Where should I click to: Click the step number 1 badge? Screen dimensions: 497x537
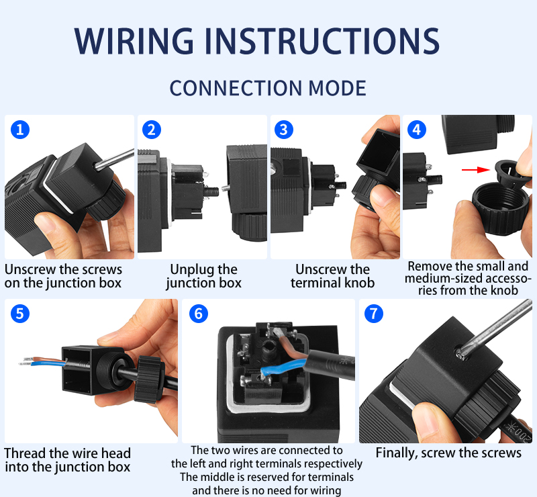click(x=20, y=130)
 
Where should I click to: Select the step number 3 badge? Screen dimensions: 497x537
click(x=285, y=130)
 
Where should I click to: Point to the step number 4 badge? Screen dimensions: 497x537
click(x=417, y=130)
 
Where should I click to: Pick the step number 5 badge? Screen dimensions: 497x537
click(x=20, y=314)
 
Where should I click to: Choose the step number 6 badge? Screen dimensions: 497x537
click(x=198, y=314)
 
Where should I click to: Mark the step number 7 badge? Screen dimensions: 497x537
click(x=373, y=314)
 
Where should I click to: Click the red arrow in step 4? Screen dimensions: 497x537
click(x=474, y=170)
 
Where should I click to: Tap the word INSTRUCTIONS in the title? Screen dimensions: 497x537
click(x=322, y=41)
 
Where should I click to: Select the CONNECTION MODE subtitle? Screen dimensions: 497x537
click(x=268, y=88)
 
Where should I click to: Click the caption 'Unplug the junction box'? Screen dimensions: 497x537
click(x=203, y=276)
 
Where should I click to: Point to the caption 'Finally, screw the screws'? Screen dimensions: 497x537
click(x=448, y=453)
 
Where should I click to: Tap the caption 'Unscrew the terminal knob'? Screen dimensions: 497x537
click(x=332, y=276)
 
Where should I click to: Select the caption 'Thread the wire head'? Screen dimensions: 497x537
click(x=67, y=453)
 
